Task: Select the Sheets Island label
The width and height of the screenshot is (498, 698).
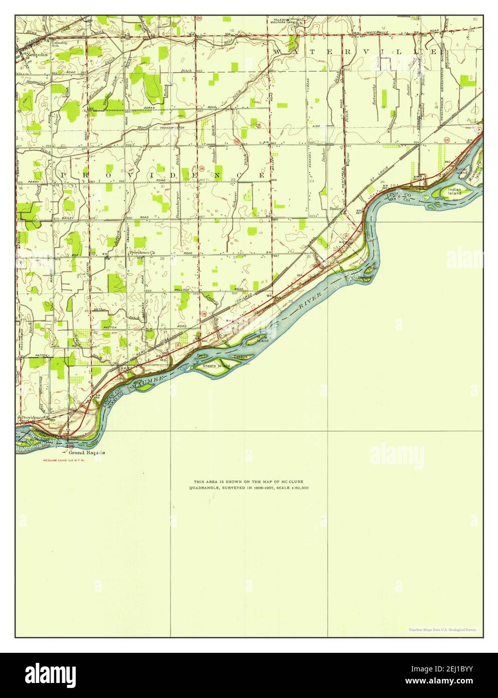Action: [216, 366]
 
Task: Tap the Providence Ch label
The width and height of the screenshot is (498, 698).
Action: [143, 252]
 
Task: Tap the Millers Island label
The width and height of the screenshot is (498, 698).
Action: [263, 338]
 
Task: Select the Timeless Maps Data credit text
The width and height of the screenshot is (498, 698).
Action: [442, 630]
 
